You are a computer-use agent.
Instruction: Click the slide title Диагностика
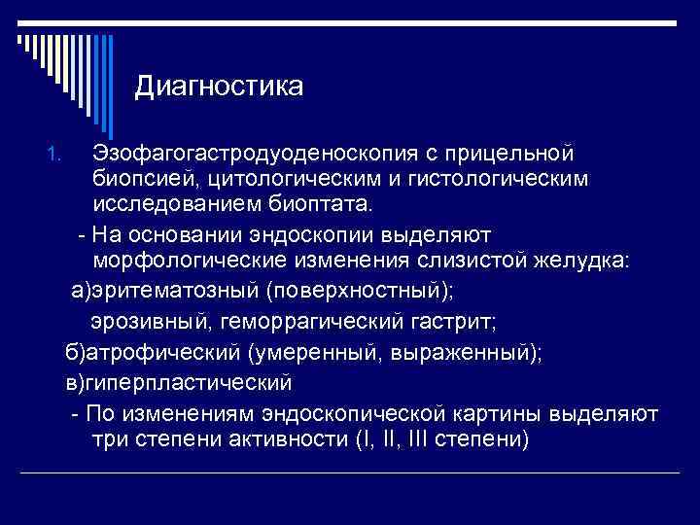pyautogui.click(x=219, y=87)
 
